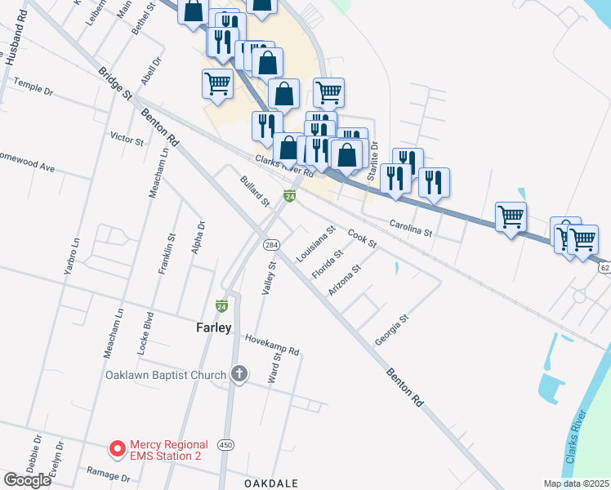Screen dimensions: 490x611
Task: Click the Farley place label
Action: point(214,327)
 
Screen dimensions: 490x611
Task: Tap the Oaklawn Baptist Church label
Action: point(165,376)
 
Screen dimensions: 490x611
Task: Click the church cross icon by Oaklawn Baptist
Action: point(239,375)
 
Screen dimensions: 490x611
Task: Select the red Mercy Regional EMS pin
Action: point(118,449)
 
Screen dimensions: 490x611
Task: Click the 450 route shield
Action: point(226,444)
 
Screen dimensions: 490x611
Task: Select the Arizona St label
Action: point(345,280)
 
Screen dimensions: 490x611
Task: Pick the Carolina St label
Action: point(410,227)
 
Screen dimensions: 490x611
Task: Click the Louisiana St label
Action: point(316,243)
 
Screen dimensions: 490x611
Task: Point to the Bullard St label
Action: point(254,190)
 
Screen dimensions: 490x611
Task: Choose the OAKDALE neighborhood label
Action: point(271,483)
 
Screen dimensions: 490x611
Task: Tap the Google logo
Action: point(27,479)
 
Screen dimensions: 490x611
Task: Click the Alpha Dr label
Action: point(198,237)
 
